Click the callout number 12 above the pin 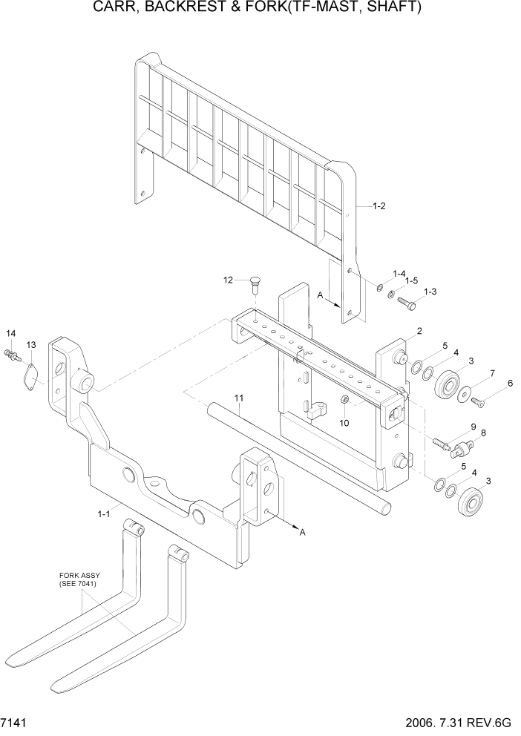click(x=229, y=280)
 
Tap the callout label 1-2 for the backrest click(x=379, y=206)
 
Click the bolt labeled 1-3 click(x=406, y=303)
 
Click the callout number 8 click(x=483, y=433)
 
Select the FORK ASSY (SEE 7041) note click(x=79, y=580)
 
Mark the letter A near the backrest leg click(x=320, y=295)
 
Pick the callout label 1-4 click(x=399, y=274)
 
